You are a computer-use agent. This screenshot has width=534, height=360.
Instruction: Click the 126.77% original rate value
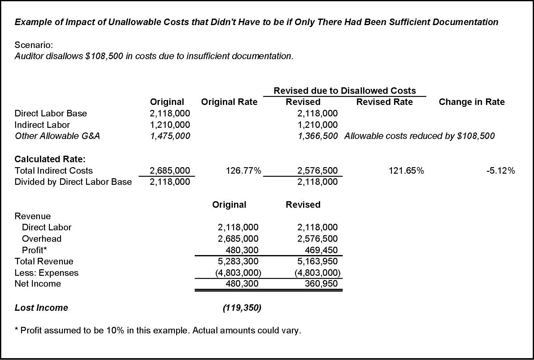pyautogui.click(x=243, y=171)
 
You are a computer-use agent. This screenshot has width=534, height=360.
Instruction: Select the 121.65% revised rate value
pyautogui.click(x=406, y=171)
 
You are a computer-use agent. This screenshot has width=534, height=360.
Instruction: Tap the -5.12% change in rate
pyautogui.click(x=501, y=171)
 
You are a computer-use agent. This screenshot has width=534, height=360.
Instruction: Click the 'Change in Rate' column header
pyautogui.click(x=471, y=102)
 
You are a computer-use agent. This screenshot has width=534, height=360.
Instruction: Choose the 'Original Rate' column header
pyautogui.click(x=229, y=102)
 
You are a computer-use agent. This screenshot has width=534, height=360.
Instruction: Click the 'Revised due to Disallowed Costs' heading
pyautogui.click(x=345, y=91)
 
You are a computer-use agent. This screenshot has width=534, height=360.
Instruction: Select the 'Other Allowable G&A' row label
pyautogui.click(x=57, y=136)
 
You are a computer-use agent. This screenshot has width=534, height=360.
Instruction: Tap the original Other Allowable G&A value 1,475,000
pyautogui.click(x=170, y=136)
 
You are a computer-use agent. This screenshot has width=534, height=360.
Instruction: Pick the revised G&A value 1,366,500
pyautogui.click(x=317, y=136)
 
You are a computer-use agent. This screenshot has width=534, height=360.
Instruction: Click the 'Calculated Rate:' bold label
pyautogui.click(x=50, y=159)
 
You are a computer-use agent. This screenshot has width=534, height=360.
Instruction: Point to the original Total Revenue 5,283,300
pyautogui.click(x=238, y=261)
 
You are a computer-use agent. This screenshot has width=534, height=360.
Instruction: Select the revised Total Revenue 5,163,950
pyautogui.click(x=317, y=261)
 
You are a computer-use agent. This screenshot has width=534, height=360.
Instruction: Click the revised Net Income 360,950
pyautogui.click(x=321, y=284)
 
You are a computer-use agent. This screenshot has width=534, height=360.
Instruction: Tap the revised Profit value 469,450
pyautogui.click(x=321, y=250)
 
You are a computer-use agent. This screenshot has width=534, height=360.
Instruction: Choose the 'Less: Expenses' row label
pyautogui.click(x=46, y=273)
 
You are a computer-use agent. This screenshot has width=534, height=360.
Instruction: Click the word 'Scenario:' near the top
pyautogui.click(x=34, y=45)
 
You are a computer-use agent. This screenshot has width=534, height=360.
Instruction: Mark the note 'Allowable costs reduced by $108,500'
pyautogui.click(x=419, y=136)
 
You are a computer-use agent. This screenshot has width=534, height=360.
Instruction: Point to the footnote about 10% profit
pyautogui.click(x=158, y=330)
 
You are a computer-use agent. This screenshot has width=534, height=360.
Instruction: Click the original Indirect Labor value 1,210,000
pyautogui.click(x=170, y=125)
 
